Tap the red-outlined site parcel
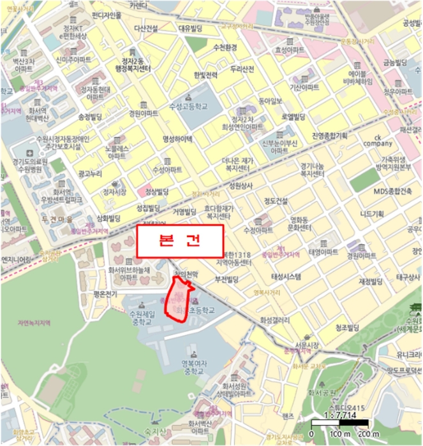tap(179, 299)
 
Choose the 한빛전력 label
tap(205, 75)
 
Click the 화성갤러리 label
tap(275, 320)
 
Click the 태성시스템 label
tap(287, 277)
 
